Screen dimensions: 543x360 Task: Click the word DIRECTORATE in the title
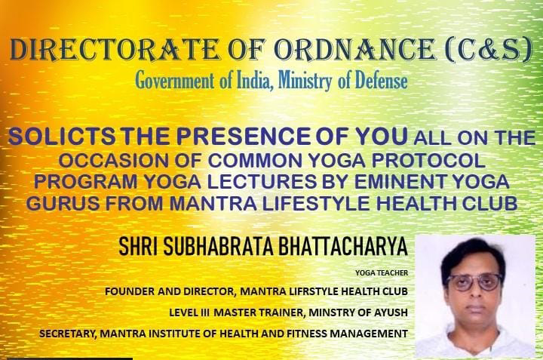115,50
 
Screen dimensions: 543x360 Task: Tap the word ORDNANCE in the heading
354,50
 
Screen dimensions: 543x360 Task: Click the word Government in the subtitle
174,80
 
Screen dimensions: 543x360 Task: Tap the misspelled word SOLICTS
62,136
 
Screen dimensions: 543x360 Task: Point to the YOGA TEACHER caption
382,273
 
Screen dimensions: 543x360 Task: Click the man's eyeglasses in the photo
474,282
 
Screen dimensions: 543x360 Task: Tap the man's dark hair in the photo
473,253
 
